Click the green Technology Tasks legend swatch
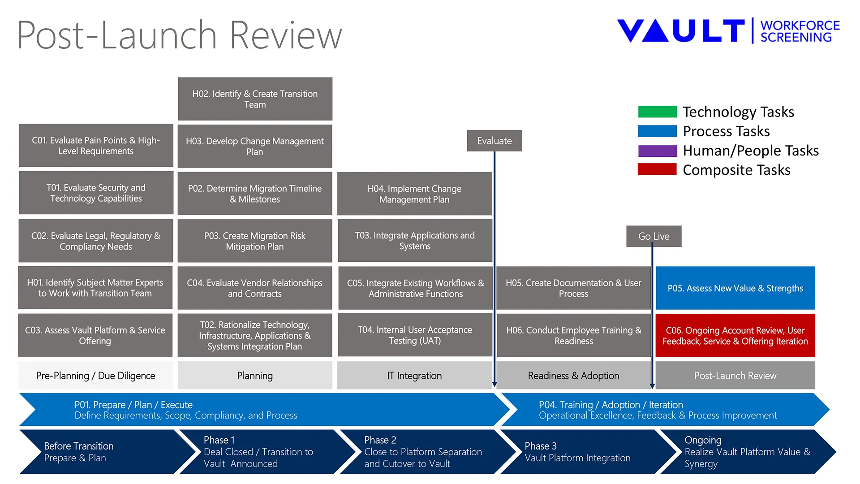(657, 112)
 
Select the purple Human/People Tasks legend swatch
(657, 151)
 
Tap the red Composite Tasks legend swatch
(657, 169)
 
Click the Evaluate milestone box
(494, 141)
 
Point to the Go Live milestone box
(654, 236)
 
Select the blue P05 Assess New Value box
(735, 288)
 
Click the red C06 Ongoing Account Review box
(735, 336)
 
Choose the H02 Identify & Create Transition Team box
(255, 99)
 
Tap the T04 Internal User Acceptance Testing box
(415, 335)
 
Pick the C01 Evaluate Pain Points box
(96, 146)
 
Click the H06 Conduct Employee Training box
(574, 335)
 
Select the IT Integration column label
(414, 376)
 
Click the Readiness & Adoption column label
(574, 376)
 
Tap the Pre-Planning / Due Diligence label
(95, 376)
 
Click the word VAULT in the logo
(681, 31)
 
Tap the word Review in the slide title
(286, 35)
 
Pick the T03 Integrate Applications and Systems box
(415, 241)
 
